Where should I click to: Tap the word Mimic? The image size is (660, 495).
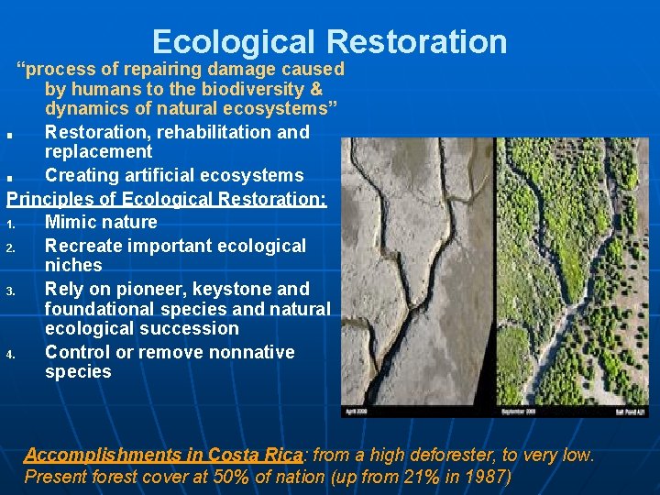pyautogui.click(x=74, y=222)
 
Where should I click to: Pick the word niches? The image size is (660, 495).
pyautogui.click(x=73, y=266)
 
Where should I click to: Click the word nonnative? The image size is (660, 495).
pyautogui.click(x=250, y=352)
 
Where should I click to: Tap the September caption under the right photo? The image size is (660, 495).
pyautogui.click(x=519, y=412)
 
